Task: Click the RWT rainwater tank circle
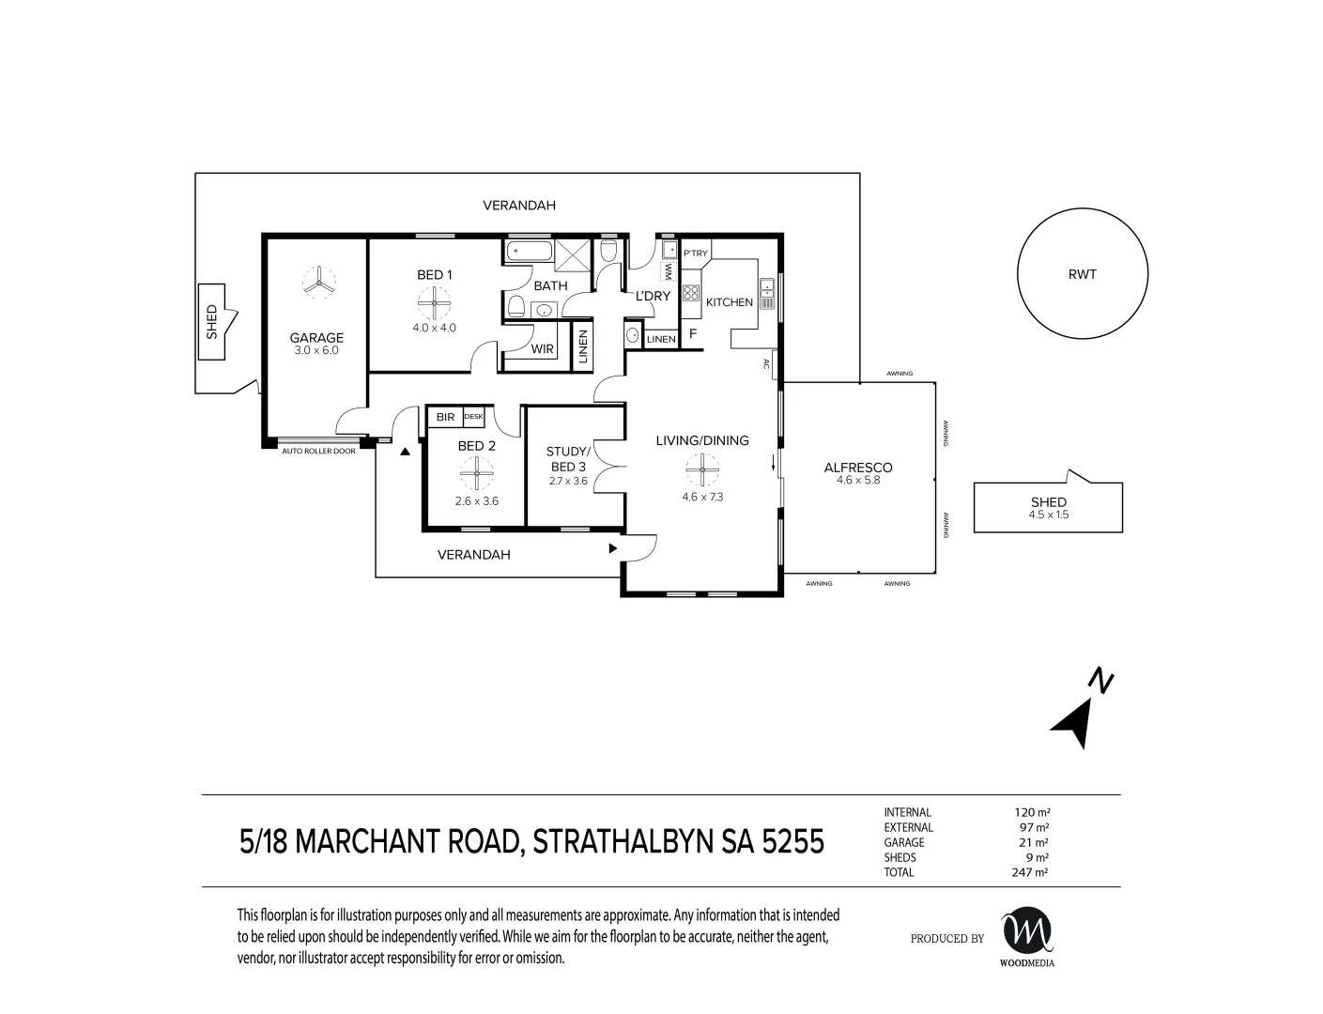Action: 1017,273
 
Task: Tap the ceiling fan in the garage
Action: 318,283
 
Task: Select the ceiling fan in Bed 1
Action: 434,303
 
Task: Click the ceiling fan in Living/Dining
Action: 702,469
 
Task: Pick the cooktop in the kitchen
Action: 690,293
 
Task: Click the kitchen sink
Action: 766,294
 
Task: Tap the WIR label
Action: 542,348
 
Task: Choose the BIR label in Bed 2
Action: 445,417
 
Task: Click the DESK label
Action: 473,416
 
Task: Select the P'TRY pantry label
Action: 695,253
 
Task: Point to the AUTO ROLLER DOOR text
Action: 318,451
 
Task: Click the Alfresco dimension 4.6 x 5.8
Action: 858,480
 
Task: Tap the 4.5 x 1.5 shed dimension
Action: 1049,515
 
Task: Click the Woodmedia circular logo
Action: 1027,929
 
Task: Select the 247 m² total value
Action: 1029,872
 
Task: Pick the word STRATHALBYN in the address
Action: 623,842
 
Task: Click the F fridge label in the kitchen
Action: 692,333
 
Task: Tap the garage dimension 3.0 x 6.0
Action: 316,350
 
